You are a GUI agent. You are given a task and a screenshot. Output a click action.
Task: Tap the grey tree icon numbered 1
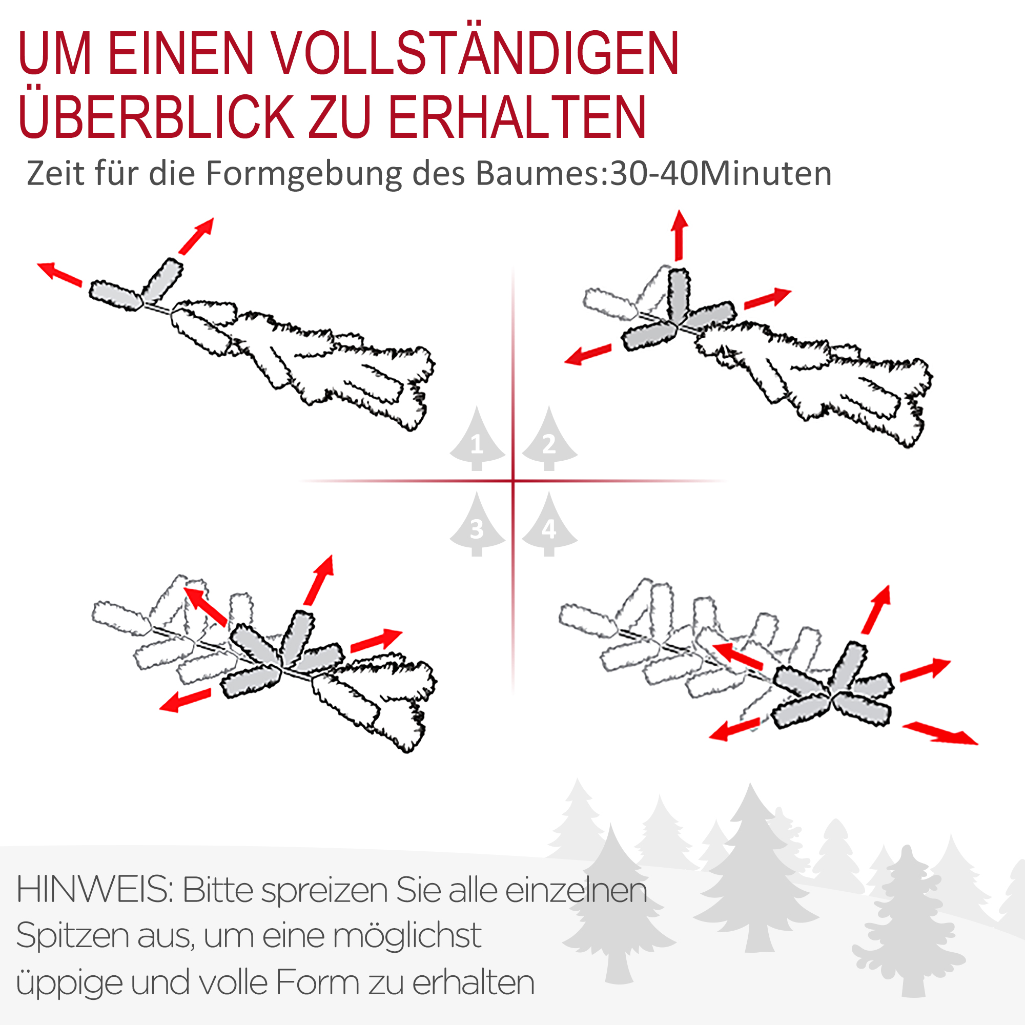(477, 440)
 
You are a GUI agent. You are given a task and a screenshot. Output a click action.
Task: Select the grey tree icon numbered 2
(549, 440)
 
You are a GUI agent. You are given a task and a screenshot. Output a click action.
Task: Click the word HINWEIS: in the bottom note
(95, 890)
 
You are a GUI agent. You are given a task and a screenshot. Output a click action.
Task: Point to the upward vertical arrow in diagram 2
(679, 235)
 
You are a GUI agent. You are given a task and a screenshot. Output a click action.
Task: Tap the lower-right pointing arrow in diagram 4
(939, 733)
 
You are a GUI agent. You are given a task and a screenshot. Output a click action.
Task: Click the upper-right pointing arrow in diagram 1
(196, 236)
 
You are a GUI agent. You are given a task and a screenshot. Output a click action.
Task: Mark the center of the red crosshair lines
(513, 481)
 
